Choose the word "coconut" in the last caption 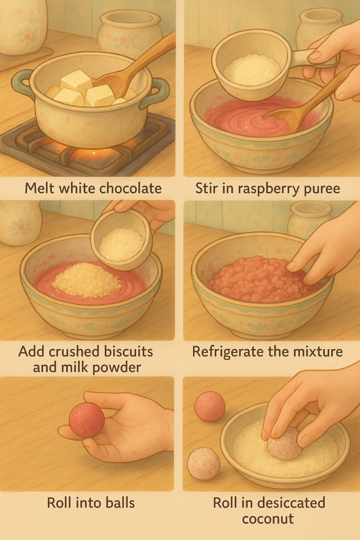coord(268,519)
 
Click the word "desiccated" coord(293,503)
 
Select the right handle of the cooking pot coord(157,92)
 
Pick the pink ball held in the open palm coord(87,420)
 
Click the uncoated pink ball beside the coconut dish coord(210,407)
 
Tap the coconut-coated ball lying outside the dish coord(203,464)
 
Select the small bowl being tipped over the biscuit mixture coord(121,239)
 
